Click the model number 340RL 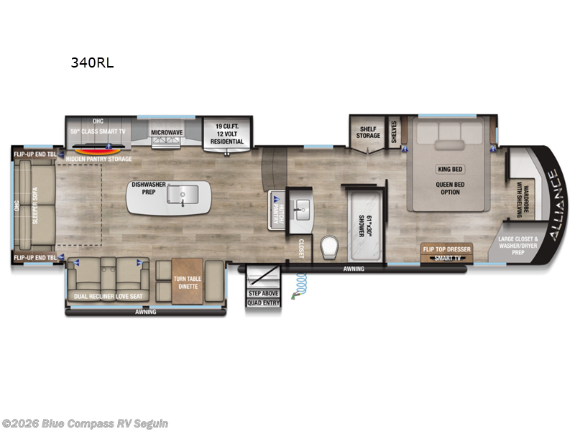pyautogui.click(x=92, y=62)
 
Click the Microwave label pyautogui.click(x=166, y=132)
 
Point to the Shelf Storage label pyautogui.click(x=368, y=132)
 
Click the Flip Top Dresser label pyautogui.click(x=447, y=249)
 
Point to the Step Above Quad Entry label pyautogui.click(x=263, y=297)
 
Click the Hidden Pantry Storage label pyautogui.click(x=99, y=159)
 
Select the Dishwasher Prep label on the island pyautogui.click(x=148, y=189)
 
